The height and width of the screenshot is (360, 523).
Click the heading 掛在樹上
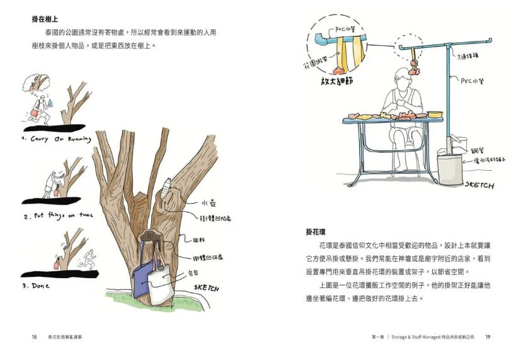[x=45, y=18]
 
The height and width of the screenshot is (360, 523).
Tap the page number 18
[x=34, y=337]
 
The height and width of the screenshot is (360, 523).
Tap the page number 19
[x=488, y=337]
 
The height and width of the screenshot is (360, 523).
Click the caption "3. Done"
[x=37, y=285]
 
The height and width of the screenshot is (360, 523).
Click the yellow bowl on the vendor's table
[x=435, y=115]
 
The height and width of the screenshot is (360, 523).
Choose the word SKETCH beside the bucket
[x=480, y=185]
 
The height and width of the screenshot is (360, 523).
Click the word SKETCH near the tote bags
[x=207, y=287]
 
